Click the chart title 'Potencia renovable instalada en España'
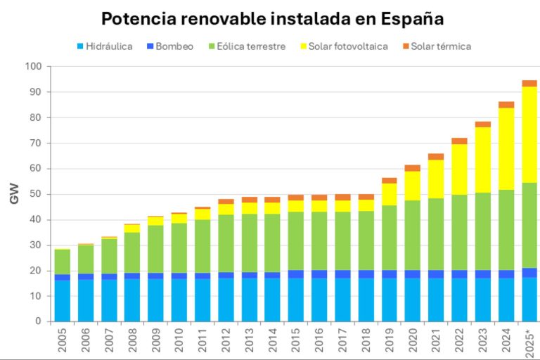(x=272, y=18)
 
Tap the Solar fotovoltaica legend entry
(x=344, y=46)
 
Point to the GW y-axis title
(x=14, y=194)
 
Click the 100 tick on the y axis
(x=33, y=67)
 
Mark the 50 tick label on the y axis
(x=35, y=194)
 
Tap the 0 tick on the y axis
(x=38, y=321)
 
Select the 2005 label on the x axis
(x=63, y=341)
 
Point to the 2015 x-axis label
(x=296, y=341)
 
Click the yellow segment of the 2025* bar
(x=529, y=134)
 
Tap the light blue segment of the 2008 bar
(x=132, y=300)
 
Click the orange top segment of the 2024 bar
(x=506, y=105)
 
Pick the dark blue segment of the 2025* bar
(x=529, y=272)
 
